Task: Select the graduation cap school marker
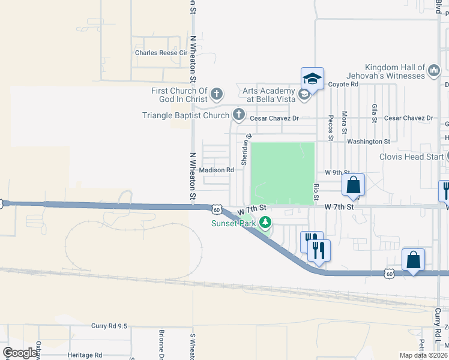point(312,78)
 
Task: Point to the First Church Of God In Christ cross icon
point(217,94)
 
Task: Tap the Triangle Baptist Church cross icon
point(239,114)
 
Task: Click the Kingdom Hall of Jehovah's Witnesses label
point(395,71)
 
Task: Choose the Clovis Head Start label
point(412,157)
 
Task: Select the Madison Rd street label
point(216,170)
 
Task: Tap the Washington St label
point(369,142)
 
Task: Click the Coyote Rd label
point(343,85)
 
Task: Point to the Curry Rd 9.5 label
point(109,326)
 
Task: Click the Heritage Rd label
point(85,355)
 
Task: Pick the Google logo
point(20,353)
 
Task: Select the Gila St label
point(374,113)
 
